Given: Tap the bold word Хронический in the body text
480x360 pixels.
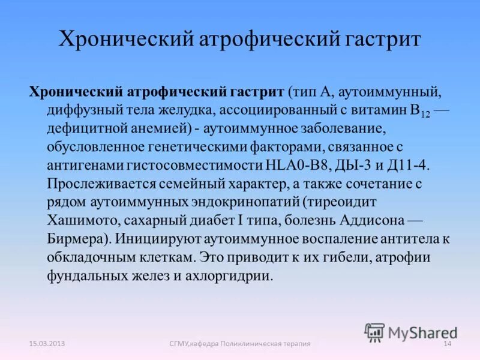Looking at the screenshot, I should click(x=74, y=92).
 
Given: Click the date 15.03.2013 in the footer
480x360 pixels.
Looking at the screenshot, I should click(x=47, y=343).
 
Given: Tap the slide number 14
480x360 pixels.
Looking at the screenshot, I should click(x=446, y=343).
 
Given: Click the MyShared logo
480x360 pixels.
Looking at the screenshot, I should click(x=411, y=331).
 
